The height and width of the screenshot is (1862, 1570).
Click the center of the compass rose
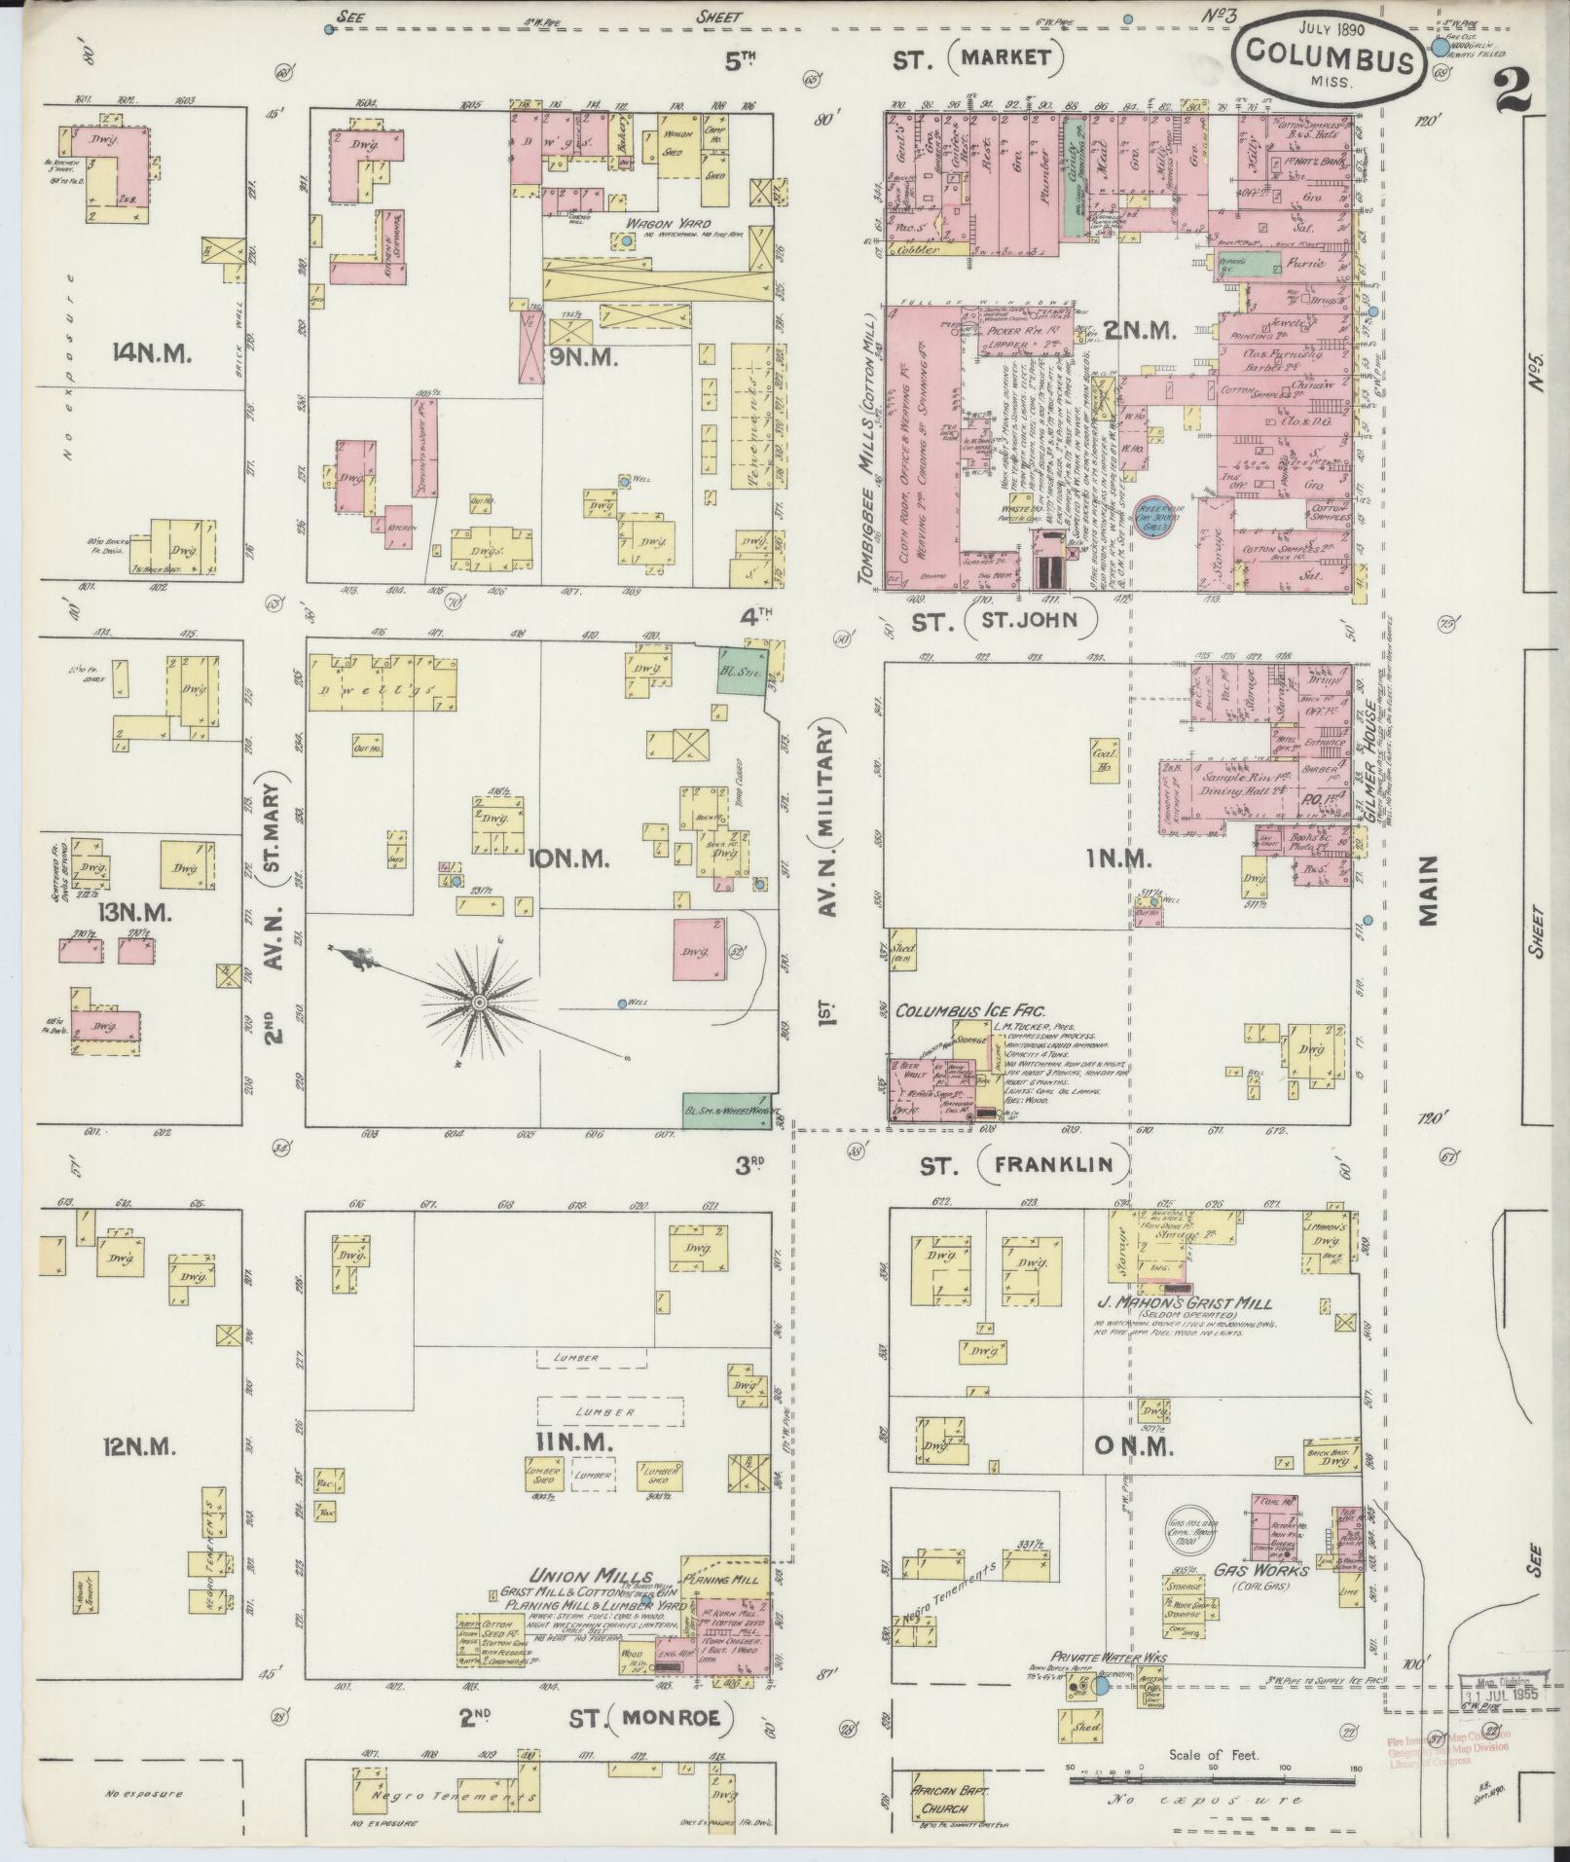[x=479, y=1003]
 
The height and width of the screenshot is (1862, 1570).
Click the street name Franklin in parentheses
[x=1054, y=1164]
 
